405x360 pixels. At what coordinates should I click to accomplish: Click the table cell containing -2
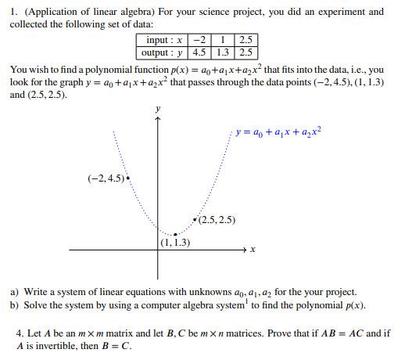click(199, 41)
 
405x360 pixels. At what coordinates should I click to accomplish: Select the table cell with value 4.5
click(199, 52)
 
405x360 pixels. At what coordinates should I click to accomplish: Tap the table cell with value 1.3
click(223, 52)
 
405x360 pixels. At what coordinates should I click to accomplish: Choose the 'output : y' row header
click(163, 52)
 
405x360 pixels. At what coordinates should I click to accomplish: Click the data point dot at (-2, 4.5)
click(127, 178)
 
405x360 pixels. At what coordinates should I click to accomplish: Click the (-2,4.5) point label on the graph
click(106, 178)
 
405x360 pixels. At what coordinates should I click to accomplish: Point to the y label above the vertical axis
click(159, 108)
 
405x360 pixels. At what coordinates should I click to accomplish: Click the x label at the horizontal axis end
click(253, 250)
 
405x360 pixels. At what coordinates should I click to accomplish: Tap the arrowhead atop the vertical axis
click(159, 120)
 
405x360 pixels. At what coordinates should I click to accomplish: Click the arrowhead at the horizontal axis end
click(243, 250)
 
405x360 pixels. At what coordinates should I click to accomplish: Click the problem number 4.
click(20, 333)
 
